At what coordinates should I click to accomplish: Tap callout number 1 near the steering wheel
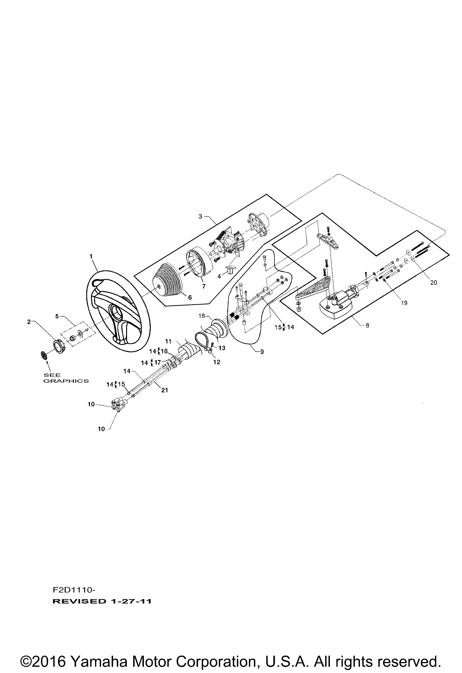(x=91, y=256)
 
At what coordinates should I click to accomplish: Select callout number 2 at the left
(x=29, y=322)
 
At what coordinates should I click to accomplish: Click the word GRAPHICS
(x=66, y=381)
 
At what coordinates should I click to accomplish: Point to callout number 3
(x=200, y=216)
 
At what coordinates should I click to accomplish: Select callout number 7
(x=204, y=286)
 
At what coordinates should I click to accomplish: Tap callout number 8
(x=367, y=325)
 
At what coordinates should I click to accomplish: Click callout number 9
(x=262, y=352)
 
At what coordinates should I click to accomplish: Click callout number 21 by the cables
(x=164, y=390)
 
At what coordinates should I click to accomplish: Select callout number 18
(x=202, y=316)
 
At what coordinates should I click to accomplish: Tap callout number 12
(x=217, y=362)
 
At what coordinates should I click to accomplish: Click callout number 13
(x=222, y=348)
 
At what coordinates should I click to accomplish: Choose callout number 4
(x=219, y=277)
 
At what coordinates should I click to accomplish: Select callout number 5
(x=57, y=316)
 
